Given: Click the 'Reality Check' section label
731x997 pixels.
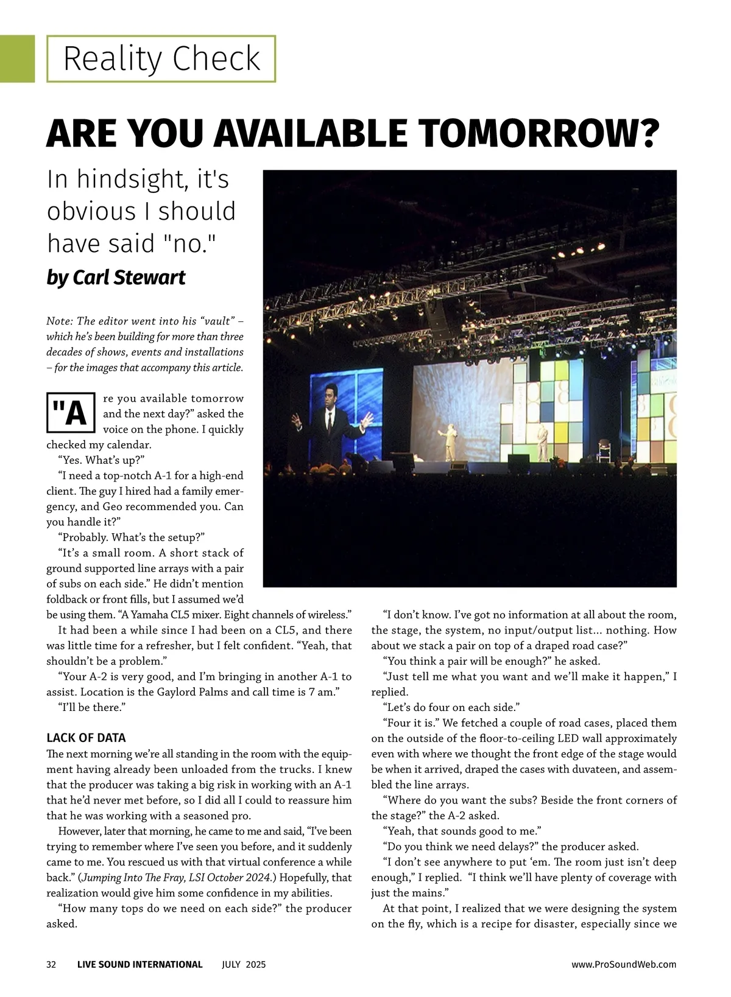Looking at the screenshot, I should [x=161, y=58].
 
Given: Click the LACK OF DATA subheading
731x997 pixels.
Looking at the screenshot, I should [x=86, y=738].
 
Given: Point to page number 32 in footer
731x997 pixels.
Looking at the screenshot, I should [x=51, y=964].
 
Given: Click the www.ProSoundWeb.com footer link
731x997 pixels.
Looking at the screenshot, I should [x=623, y=964].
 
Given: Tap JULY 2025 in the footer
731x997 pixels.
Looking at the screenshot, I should [x=244, y=964].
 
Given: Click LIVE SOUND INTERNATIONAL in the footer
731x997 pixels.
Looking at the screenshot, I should [x=139, y=964].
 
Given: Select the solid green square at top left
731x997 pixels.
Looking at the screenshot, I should [x=17, y=58].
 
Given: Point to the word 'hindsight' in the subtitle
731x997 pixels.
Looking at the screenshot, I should [x=129, y=180].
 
